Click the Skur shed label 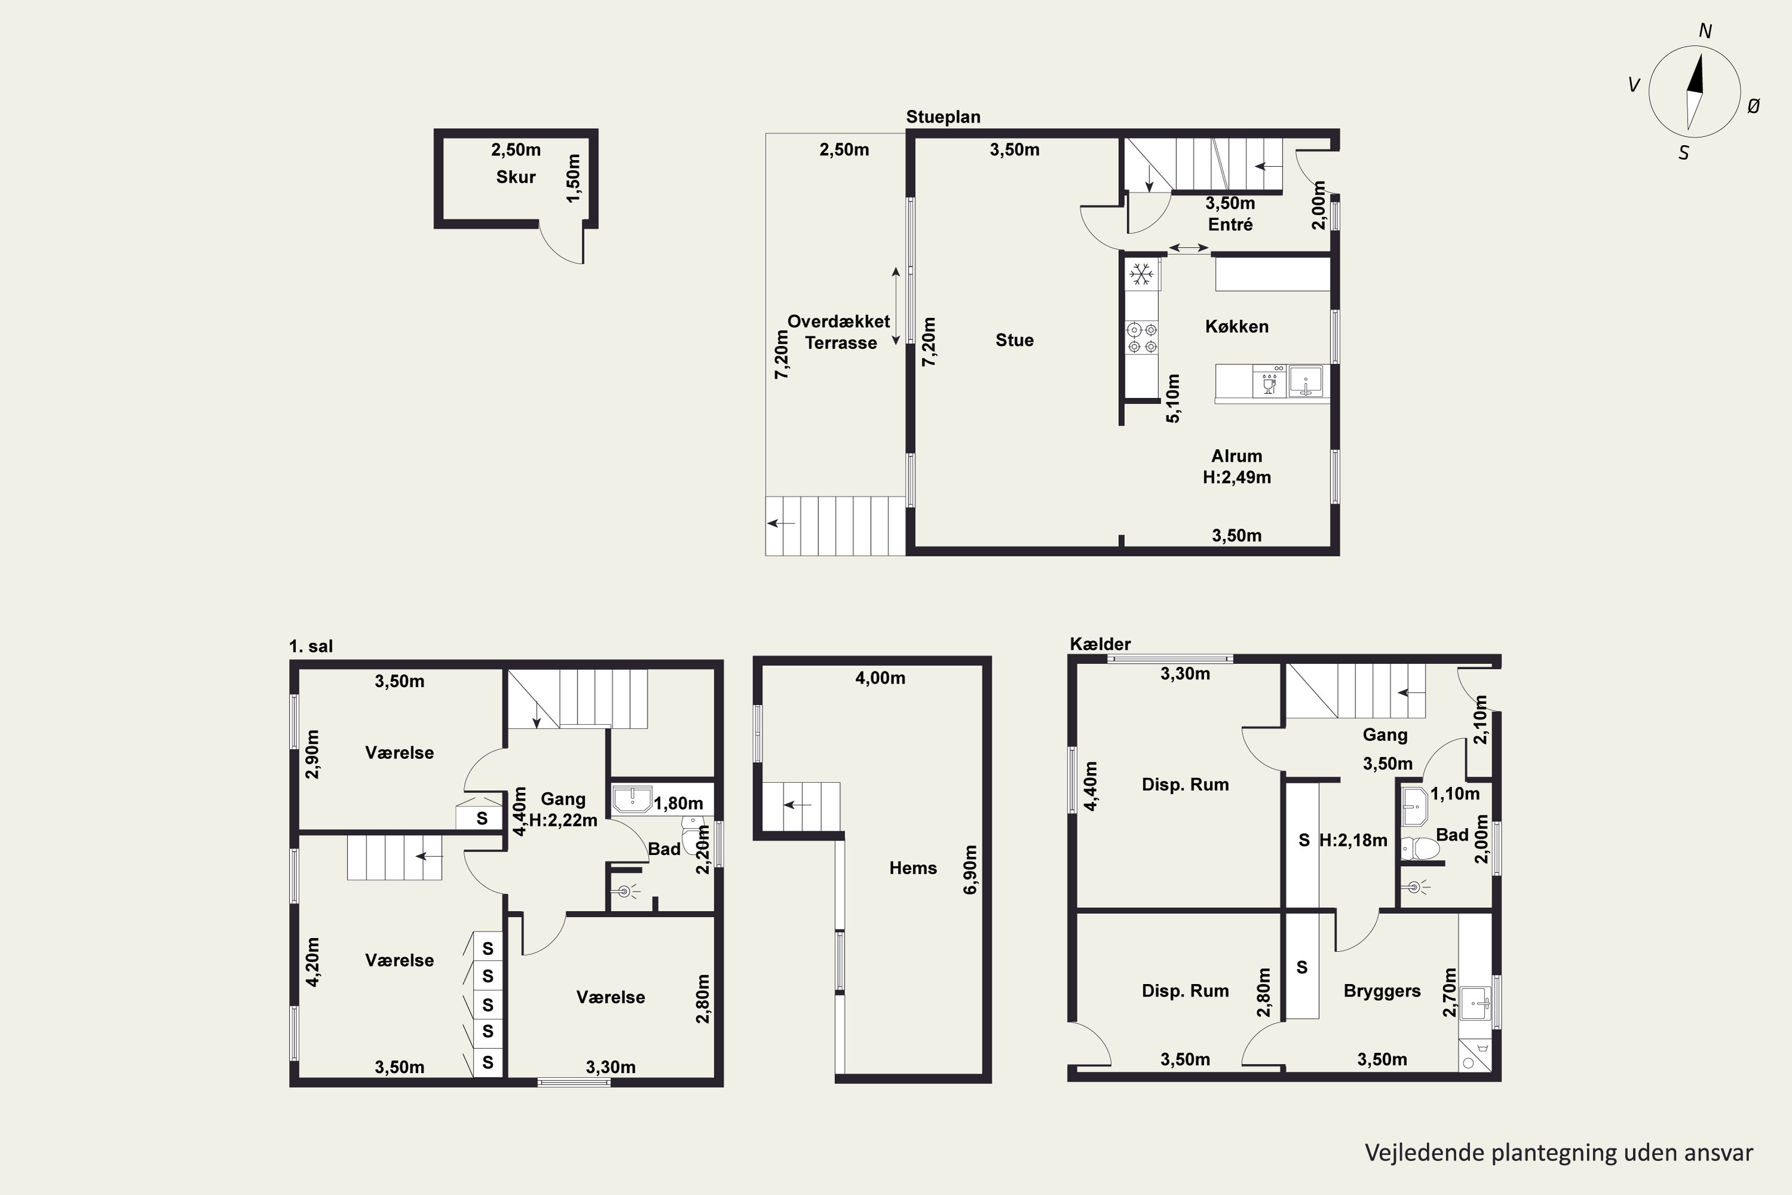516,177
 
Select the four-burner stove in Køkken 1142,338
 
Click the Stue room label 1014,341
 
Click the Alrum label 1236,456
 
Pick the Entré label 1231,225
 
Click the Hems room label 913,868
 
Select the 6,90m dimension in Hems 971,869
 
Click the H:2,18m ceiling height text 1353,841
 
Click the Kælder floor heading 1100,644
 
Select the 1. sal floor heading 311,646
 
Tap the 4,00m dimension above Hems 880,678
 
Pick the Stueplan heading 943,117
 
